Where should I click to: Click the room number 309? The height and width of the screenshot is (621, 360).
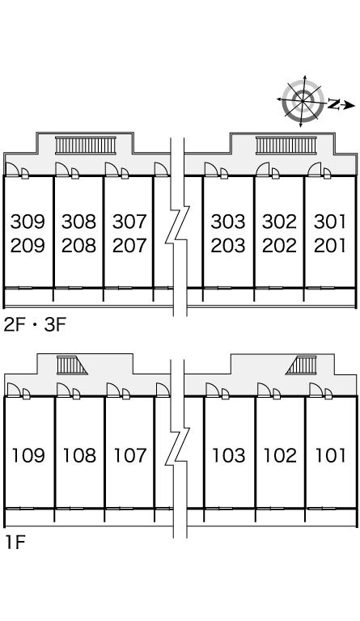click(28, 222)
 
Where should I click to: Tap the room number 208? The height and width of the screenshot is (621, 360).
click(78, 246)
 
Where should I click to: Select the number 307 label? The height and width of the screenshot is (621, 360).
click(129, 222)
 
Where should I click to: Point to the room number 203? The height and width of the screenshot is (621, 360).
click(228, 246)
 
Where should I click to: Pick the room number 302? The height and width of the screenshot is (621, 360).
click(279, 222)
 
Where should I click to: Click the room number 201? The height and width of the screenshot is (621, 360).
click(330, 246)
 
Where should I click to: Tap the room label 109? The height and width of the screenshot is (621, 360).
click(28, 455)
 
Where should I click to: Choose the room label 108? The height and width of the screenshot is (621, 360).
click(79, 455)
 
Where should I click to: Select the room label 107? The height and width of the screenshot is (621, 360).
click(130, 455)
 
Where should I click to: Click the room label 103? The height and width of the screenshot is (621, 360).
click(228, 455)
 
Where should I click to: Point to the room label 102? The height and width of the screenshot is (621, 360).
click(280, 455)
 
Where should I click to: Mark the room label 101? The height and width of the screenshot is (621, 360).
click(330, 455)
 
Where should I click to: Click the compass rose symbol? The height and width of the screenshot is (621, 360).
click(303, 101)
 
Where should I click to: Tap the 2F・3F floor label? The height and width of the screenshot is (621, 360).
click(35, 325)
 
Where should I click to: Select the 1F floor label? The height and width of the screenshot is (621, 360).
click(15, 543)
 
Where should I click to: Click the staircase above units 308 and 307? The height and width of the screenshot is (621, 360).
click(86, 146)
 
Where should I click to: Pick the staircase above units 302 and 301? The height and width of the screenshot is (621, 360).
click(286, 146)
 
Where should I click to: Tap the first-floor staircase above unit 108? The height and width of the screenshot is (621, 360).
click(71, 365)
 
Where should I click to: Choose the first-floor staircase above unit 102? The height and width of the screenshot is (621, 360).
click(302, 365)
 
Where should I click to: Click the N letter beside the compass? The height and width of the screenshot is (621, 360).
click(334, 104)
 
